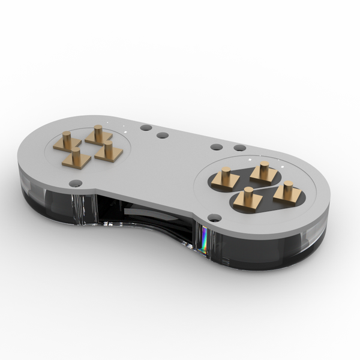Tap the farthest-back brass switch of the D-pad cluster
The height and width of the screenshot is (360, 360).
point(98,134)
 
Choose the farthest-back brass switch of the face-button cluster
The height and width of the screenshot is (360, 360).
point(263,172)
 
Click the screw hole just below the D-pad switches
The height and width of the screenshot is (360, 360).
point(75,183)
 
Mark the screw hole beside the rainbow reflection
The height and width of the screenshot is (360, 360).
point(214,218)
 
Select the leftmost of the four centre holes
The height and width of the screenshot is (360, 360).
point(145,128)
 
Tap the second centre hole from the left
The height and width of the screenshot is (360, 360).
point(163,135)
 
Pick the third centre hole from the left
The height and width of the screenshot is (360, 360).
point(217,146)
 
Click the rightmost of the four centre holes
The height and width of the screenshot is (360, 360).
point(239,148)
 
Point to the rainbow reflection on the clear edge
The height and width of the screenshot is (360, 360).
point(204,240)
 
